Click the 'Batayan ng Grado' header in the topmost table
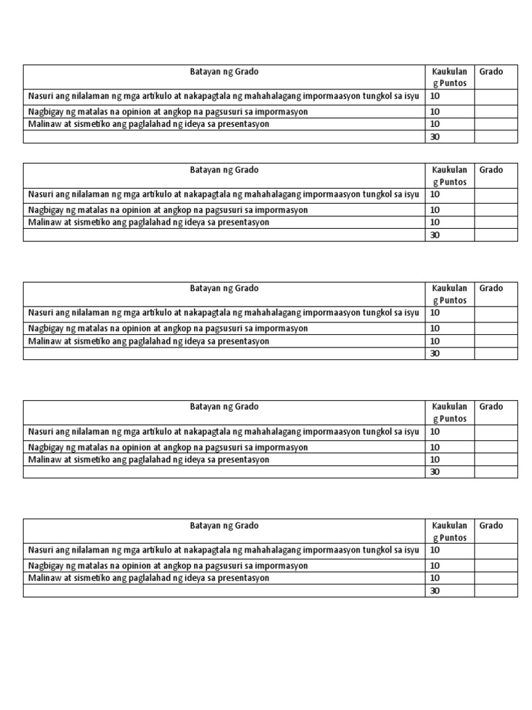[x=224, y=71]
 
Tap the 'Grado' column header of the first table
[x=491, y=71]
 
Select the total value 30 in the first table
[x=435, y=137]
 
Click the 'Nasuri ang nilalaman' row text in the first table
[x=223, y=96]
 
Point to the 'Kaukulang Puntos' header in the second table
[x=450, y=176]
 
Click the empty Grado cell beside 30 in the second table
[x=496, y=235]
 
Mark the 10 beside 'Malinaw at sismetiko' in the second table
[x=435, y=223]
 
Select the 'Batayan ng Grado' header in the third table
[x=224, y=288]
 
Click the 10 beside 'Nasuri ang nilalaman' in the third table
[x=435, y=313]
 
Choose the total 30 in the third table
[x=435, y=354]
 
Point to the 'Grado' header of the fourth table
[x=491, y=407]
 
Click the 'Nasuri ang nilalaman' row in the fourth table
[x=223, y=431]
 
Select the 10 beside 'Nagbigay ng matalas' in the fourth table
[x=435, y=447]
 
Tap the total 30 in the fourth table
[x=435, y=472]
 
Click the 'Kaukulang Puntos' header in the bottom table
[x=450, y=532]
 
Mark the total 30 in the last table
[x=435, y=591]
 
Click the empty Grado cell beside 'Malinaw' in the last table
[x=496, y=578]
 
